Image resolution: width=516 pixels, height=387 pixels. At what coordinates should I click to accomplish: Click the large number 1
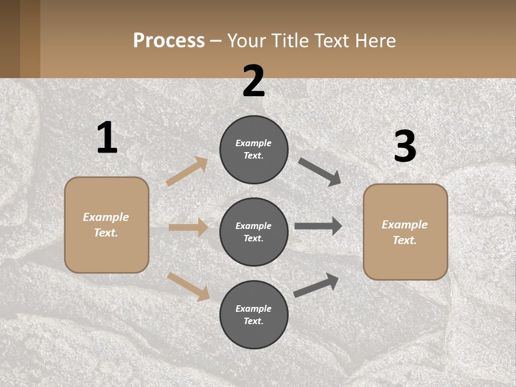107,138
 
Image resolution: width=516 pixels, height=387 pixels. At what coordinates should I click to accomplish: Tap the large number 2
254,81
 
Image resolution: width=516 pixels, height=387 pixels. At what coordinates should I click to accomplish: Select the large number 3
405,147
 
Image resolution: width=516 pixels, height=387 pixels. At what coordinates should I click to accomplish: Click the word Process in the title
169,40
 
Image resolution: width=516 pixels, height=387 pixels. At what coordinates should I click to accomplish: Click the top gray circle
254,149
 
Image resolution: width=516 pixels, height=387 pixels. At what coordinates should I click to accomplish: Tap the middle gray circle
254,232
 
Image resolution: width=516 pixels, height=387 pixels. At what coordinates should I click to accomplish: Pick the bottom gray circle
254,314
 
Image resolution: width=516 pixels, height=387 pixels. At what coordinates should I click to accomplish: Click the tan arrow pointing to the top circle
187,171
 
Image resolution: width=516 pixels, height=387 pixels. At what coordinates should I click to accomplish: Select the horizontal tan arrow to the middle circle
188,227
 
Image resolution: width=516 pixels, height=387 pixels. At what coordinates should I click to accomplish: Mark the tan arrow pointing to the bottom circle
188,286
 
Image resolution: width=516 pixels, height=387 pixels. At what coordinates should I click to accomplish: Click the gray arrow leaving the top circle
320,172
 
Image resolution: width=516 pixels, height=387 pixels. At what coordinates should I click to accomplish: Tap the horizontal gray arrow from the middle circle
318,226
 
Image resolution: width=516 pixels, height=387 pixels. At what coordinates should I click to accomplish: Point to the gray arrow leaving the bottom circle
316,285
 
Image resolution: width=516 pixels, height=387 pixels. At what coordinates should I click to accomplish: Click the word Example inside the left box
106,217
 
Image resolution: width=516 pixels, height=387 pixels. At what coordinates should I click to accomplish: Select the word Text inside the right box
404,240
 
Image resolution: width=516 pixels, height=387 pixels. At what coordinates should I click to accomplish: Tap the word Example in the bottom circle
253,309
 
